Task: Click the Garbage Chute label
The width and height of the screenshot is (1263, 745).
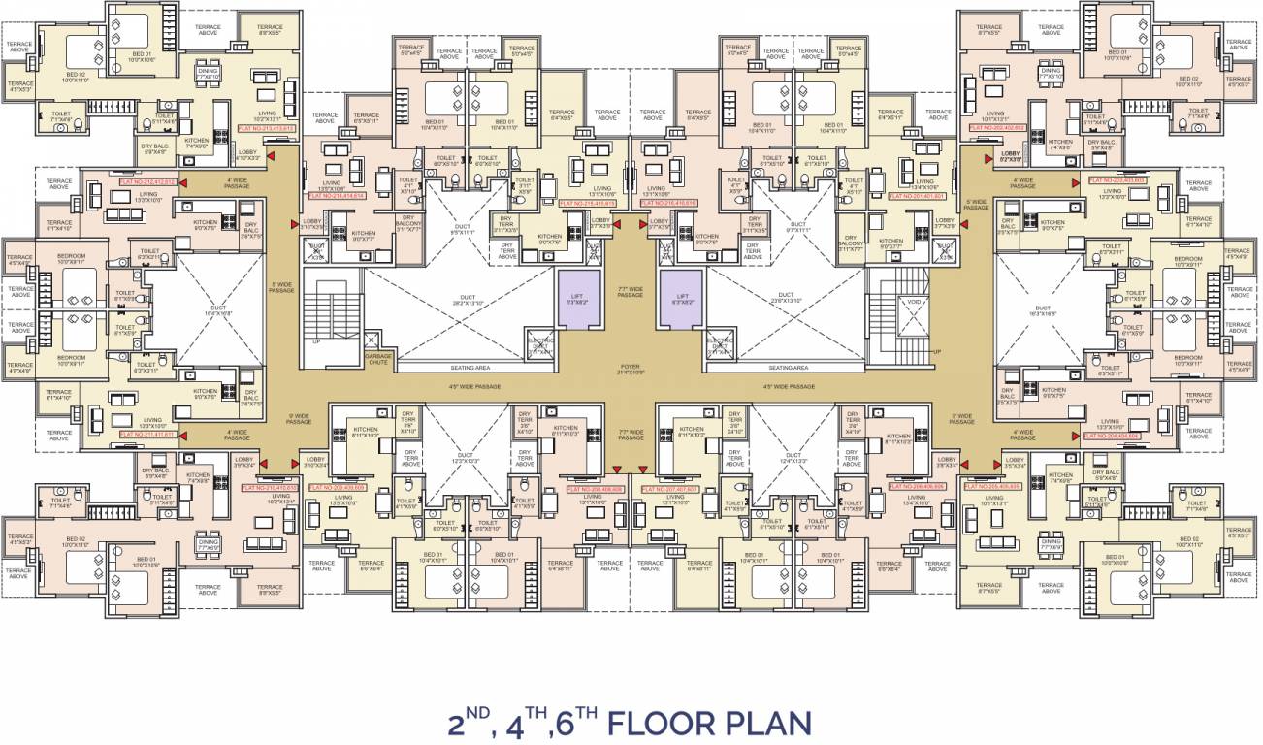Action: click(x=377, y=360)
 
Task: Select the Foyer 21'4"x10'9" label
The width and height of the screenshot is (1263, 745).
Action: click(x=631, y=371)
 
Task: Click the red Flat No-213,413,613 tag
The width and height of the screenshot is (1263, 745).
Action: click(x=266, y=128)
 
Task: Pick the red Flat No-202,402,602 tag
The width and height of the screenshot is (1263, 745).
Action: click(x=996, y=126)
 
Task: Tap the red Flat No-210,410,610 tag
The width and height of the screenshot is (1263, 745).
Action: click(x=268, y=488)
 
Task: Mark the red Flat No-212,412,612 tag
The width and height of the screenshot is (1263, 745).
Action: click(x=146, y=181)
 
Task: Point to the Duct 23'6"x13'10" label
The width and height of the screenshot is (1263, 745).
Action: click(x=788, y=301)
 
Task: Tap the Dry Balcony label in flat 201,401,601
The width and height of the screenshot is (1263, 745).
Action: click(x=854, y=243)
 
